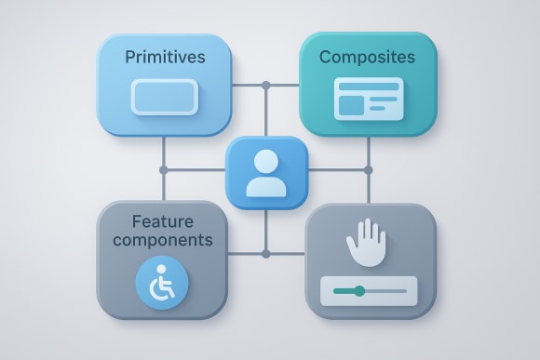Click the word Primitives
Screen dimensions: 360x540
click(165, 58)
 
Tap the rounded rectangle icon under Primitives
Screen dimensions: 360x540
click(164, 97)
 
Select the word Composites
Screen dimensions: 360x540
click(367, 58)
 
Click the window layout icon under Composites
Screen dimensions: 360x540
click(369, 99)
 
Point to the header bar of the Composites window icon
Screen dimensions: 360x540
click(369, 86)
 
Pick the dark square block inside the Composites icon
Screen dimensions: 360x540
click(351, 106)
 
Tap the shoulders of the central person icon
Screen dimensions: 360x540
click(266, 184)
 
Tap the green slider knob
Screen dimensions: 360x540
click(360, 292)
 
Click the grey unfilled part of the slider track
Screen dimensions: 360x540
click(385, 292)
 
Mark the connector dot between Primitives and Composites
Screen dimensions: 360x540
click(265, 86)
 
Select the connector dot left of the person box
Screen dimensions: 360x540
click(164, 170)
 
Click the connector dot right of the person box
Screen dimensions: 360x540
click(368, 170)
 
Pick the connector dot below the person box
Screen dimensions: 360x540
click(265, 253)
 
